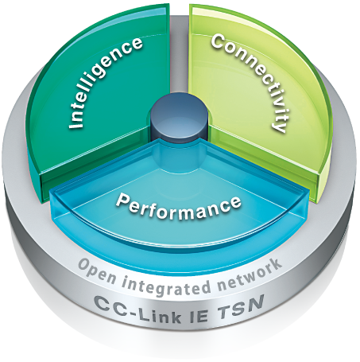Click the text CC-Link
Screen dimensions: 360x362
point(139,309)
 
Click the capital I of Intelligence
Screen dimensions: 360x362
point(75,125)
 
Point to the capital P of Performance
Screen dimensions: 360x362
point(122,200)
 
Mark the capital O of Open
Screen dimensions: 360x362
point(85,267)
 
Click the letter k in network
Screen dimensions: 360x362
point(276,266)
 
